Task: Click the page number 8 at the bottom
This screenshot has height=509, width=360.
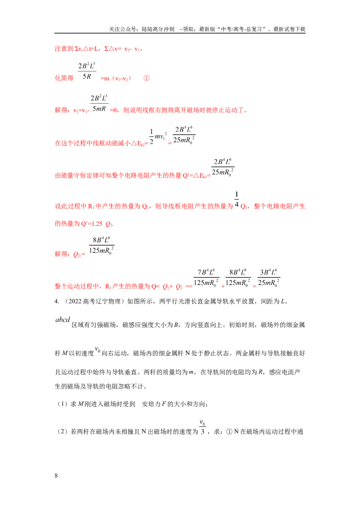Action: pyautogui.click(x=56, y=476)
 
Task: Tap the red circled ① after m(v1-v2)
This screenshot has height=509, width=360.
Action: pyautogui.click(x=147, y=78)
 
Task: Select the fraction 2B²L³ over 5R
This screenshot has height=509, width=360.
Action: pyautogui.click(x=87, y=71)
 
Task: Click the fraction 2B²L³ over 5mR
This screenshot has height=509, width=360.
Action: pyautogui.click(x=99, y=103)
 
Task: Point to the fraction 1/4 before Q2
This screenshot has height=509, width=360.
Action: pyautogui.click(x=237, y=200)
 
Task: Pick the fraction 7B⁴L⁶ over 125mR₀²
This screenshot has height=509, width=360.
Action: pyautogui.click(x=206, y=278)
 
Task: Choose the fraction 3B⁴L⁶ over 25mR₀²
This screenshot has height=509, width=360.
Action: pyautogui.click(x=268, y=278)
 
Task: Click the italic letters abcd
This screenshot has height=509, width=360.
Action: pyautogui.click(x=63, y=320)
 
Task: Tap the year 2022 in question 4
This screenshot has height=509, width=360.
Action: pyautogui.click(x=75, y=301)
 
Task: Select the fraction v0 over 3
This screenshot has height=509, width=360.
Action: pyautogui.click(x=202, y=427)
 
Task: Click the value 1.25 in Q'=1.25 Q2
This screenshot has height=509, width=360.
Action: pyautogui.click(x=97, y=223)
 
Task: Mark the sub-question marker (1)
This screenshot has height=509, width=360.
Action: pyautogui.click(x=62, y=404)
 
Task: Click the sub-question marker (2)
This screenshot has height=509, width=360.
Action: pyautogui.click(x=62, y=432)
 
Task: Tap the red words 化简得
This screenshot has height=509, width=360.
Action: pyautogui.click(x=64, y=78)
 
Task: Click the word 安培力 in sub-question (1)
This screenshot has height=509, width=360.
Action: pyautogui.click(x=151, y=404)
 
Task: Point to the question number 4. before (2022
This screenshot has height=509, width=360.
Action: pyautogui.click(x=57, y=301)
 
